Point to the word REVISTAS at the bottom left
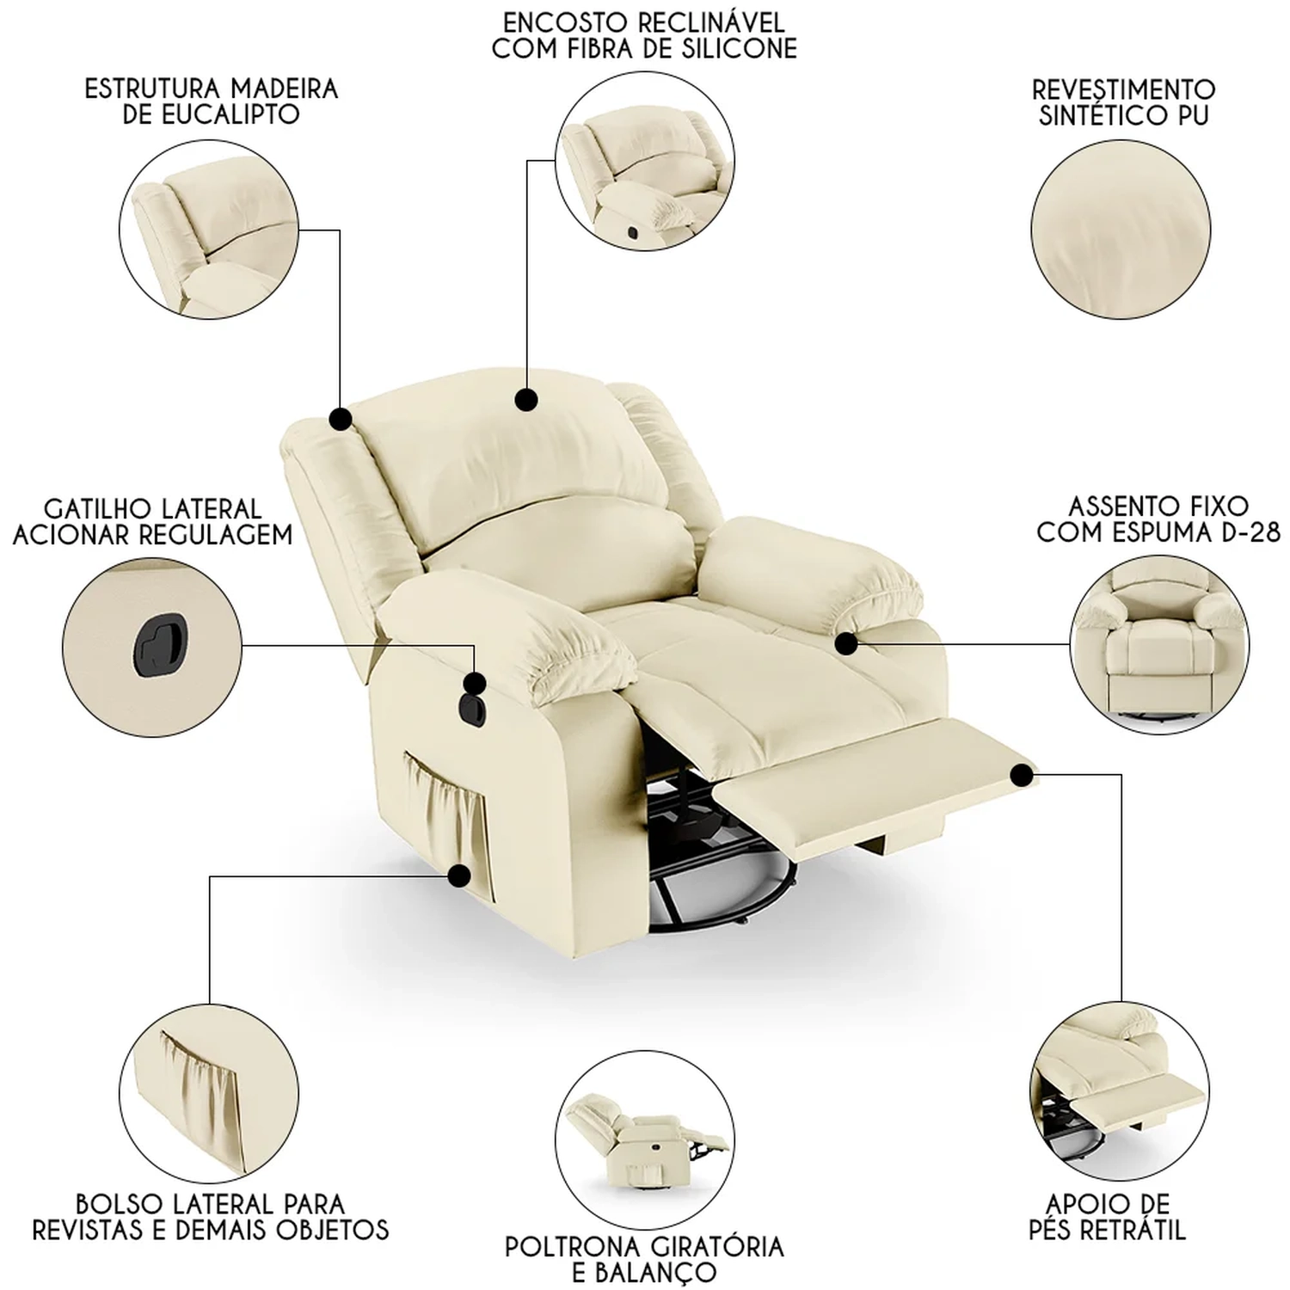pyautogui.click(x=96, y=1229)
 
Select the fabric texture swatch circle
pyautogui.click(x=1121, y=230)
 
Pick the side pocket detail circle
pyautogui.click(x=209, y=1092)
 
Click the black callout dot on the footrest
pyautogui.click(x=1022, y=776)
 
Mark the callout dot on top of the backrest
pyautogui.click(x=525, y=399)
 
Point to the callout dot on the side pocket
pyautogui.click(x=459, y=876)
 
